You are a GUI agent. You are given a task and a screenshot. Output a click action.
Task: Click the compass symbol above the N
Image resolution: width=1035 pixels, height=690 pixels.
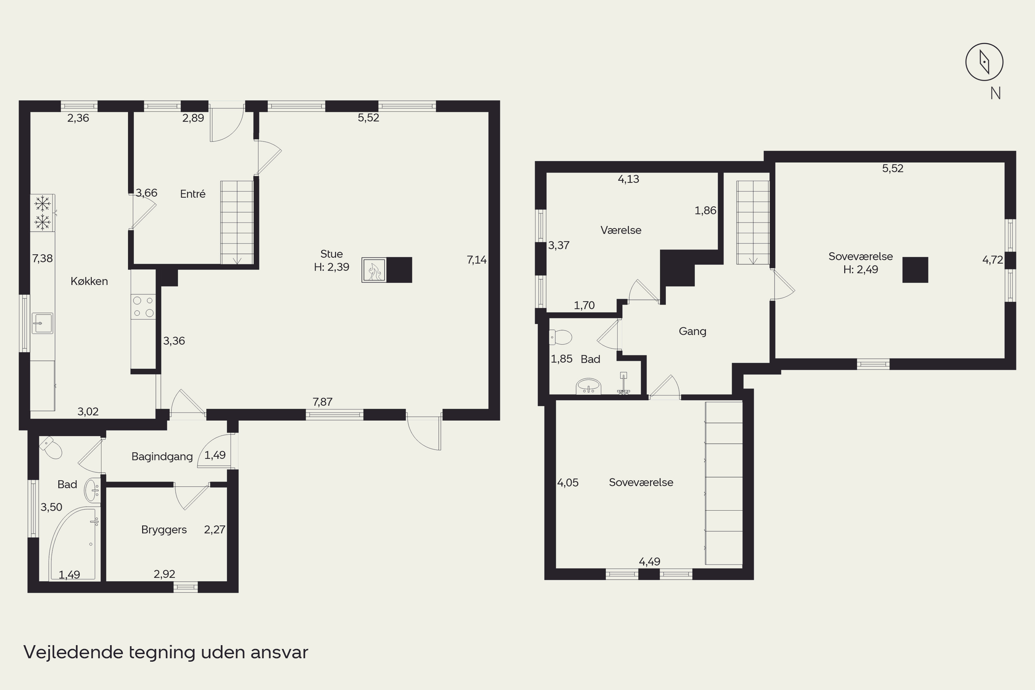point(984,62)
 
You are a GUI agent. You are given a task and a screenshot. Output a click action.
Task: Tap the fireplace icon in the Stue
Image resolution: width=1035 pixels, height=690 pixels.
point(374,270)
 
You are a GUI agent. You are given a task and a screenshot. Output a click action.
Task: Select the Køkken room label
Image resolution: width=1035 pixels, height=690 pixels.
point(89,281)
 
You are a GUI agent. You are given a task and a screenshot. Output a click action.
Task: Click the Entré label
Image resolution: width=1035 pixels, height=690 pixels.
point(193,194)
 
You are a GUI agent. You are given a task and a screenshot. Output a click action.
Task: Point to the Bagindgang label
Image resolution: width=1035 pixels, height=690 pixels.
point(162,457)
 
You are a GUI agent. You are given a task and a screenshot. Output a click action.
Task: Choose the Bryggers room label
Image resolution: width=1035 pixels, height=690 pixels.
point(164,530)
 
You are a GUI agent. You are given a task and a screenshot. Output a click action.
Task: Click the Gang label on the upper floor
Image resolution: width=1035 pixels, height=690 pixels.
point(692,331)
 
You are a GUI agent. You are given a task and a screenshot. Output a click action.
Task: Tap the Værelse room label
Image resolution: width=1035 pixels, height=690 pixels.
point(621,230)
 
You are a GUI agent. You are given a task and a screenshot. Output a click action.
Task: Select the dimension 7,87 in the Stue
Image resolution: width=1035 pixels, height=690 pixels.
point(323,402)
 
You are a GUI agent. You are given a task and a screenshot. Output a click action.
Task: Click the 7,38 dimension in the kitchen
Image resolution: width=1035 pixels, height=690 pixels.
point(42,258)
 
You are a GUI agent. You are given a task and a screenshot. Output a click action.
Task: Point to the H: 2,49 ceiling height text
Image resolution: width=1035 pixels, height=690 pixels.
point(860,269)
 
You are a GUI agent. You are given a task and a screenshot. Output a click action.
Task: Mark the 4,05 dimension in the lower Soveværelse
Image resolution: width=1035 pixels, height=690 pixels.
point(568,483)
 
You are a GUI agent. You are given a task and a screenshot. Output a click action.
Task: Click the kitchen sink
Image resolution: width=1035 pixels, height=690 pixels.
point(43,324)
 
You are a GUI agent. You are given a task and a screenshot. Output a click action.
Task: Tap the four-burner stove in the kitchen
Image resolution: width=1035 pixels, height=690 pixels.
point(144,307)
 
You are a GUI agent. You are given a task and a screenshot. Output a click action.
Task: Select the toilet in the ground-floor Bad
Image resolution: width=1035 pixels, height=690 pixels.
point(51,447)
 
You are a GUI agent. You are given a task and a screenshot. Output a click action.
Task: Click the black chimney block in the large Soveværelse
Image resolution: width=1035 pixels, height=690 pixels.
point(915,270)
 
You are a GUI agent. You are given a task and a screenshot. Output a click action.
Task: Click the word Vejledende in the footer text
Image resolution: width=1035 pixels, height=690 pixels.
point(73,652)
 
